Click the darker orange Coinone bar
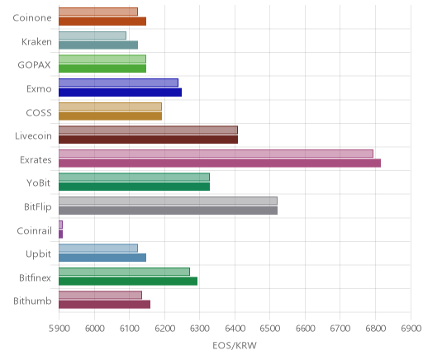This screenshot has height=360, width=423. tap(102, 21)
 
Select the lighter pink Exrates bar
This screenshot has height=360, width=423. tap(216, 154)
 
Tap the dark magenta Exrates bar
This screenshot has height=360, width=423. tap(220, 163)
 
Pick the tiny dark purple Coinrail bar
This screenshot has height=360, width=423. tap(60, 234)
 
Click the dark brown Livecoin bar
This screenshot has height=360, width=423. tap(148, 140)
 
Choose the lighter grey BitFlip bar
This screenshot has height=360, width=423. tap(168, 201)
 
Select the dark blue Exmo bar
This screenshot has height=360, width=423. tap(120, 92)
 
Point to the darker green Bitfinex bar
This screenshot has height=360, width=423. tap(128, 281)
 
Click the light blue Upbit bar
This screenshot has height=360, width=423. tap(98, 248)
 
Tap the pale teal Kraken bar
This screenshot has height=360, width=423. tap(93, 36)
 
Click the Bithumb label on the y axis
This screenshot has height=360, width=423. tap(32, 301)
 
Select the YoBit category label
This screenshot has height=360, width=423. tap(39, 182)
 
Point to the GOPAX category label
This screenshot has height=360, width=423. tap(35, 65)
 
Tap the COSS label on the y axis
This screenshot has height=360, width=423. tap(39, 112)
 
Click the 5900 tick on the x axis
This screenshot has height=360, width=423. tap(59, 329)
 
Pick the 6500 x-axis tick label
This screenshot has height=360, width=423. tap(270, 329)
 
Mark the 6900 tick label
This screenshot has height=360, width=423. tap(411, 329)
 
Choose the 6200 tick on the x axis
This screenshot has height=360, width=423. tap(164, 329)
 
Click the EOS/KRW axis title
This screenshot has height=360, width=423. tap(235, 345)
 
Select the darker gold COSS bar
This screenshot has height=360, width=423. tap(110, 116)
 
